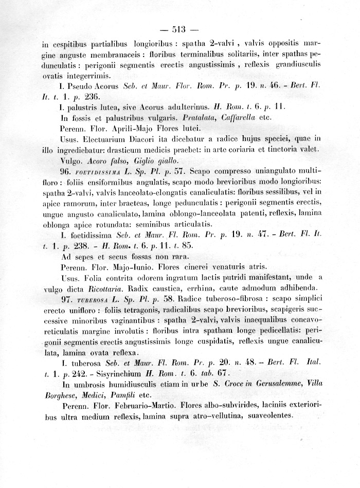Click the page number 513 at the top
tap(179, 29)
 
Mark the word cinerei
tap(202, 266)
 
